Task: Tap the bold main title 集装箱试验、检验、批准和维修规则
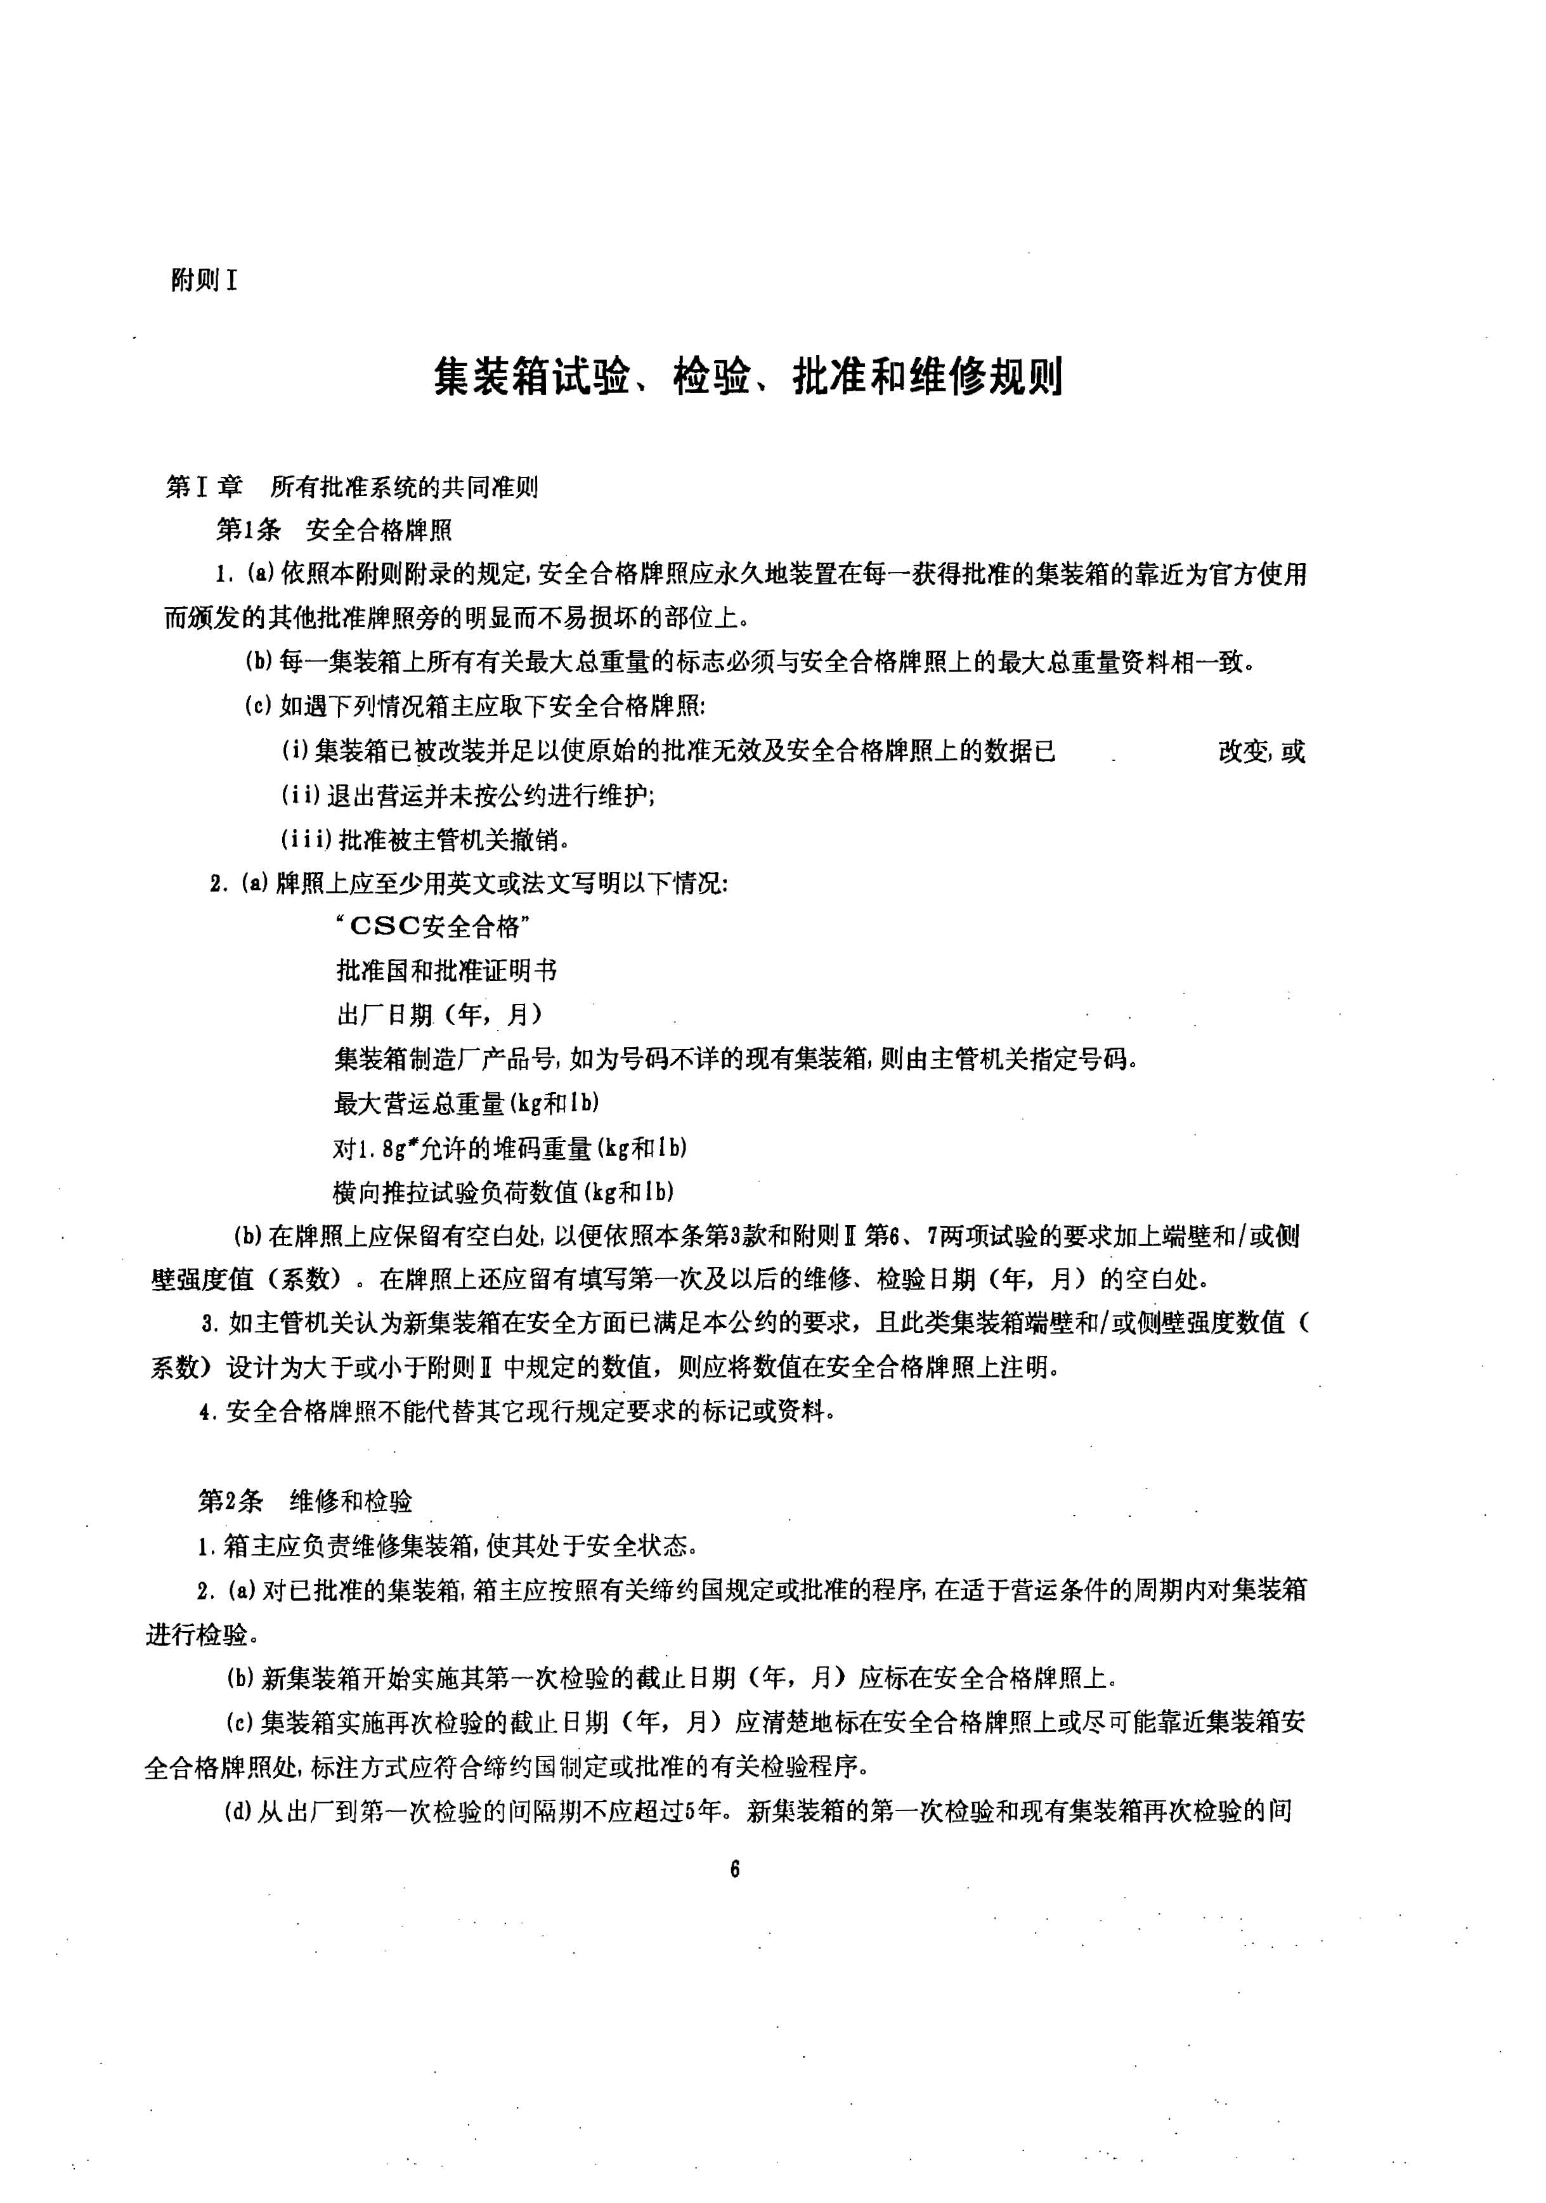pos(748,377)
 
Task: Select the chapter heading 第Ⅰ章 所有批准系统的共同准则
pos(352,488)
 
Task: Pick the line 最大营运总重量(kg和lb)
pos(466,1103)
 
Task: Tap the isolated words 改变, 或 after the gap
pos(1261,751)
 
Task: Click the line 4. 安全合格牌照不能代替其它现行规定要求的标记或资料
pos(516,1412)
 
